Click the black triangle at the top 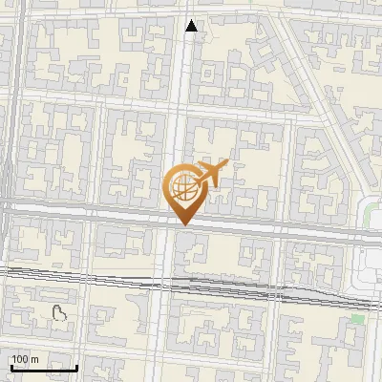coord(192,26)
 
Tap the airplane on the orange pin coord(212,173)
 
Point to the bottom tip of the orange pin coord(182,224)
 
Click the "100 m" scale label coord(25,358)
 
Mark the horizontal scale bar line coord(43,368)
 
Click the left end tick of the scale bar coord(10,366)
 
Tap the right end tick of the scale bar coord(77,366)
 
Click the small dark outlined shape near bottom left coord(59,312)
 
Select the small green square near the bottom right coord(357,319)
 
